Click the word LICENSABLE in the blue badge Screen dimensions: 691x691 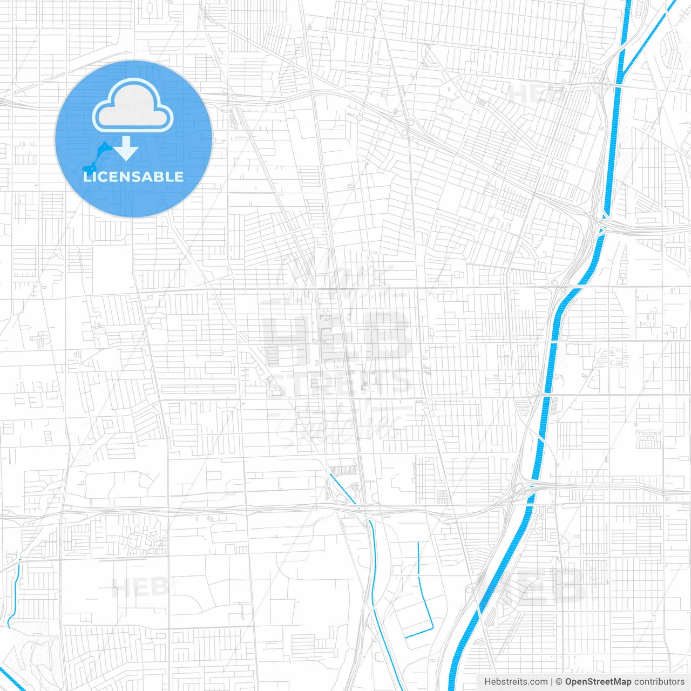click(133, 177)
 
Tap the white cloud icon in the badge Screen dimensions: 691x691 click(133, 105)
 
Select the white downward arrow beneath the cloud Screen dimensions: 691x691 click(126, 148)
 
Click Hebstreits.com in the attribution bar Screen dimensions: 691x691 click(516, 682)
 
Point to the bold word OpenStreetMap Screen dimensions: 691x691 click(598, 682)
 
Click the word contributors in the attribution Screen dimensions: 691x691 click(659, 682)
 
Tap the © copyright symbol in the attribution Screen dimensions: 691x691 click(559, 682)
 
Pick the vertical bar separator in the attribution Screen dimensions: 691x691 click(551, 682)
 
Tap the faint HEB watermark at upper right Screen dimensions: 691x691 click(534, 93)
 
